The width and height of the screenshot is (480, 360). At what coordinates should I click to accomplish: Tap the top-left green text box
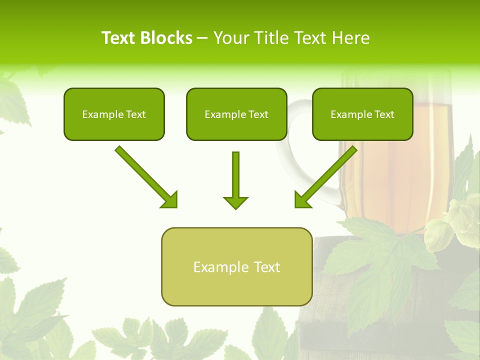(114, 114)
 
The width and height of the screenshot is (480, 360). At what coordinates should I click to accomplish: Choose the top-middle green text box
(236, 114)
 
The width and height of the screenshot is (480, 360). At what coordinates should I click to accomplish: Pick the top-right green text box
(362, 114)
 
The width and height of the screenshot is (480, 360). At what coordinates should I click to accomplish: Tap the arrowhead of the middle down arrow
(235, 202)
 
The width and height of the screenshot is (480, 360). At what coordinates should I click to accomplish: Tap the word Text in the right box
(384, 114)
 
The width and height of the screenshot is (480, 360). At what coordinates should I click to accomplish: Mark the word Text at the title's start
(118, 38)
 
